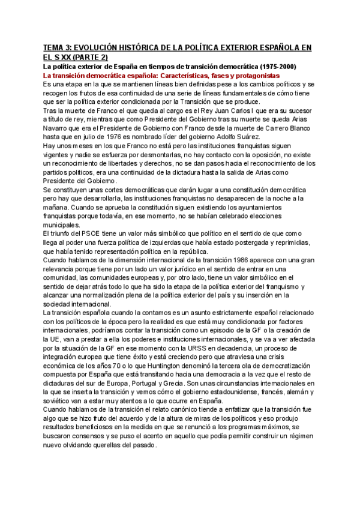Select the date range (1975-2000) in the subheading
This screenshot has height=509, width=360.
click(x=281, y=66)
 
